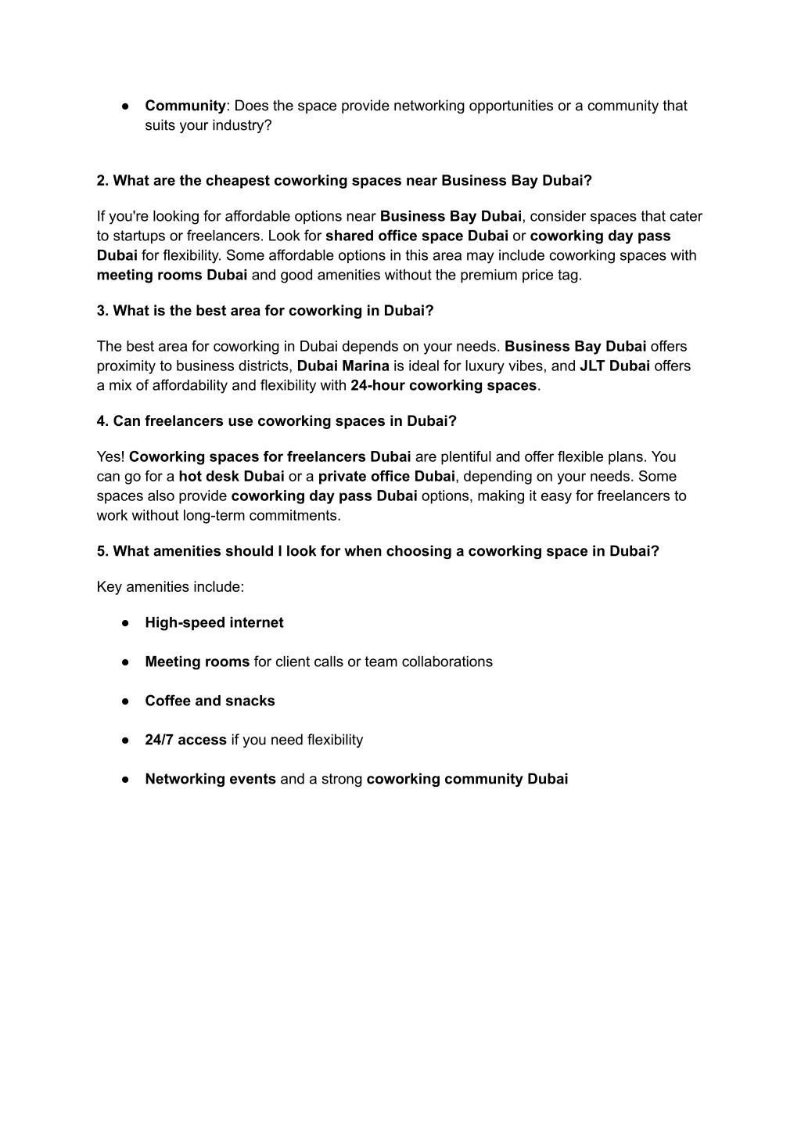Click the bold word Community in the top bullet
185,106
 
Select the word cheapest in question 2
237,181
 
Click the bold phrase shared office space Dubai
417,236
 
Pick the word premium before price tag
487,275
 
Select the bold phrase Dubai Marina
343,366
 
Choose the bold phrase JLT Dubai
615,366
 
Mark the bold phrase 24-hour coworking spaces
444,385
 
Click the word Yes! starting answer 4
111,456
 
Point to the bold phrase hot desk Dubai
232,476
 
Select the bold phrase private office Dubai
386,476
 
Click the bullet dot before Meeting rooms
125,662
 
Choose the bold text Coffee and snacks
210,701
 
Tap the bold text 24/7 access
185,740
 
